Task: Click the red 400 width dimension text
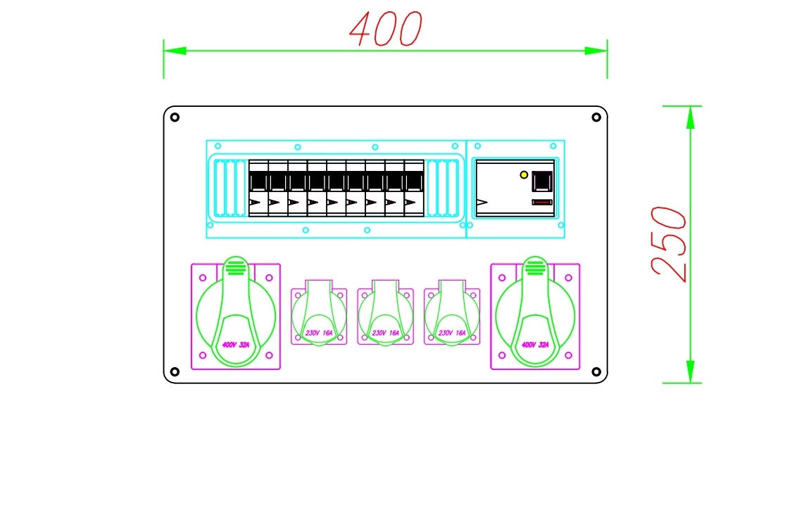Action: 386,29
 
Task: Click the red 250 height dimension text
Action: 669,243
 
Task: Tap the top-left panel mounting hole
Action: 175,117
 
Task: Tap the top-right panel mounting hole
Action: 596,117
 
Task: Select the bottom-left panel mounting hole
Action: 175,371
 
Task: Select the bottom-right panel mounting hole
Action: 596,371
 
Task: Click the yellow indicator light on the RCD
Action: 524,174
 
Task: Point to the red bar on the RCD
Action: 542,202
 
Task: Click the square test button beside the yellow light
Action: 542,181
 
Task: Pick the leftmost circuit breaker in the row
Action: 258,189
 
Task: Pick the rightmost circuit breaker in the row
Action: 414,189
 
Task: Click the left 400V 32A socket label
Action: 236,345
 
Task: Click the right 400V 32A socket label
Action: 535,345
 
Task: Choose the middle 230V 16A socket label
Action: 385,333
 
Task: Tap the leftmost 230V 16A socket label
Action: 319,333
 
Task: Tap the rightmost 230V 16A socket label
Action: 452,333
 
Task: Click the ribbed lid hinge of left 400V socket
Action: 236,267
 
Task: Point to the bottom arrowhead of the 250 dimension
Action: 690,371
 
